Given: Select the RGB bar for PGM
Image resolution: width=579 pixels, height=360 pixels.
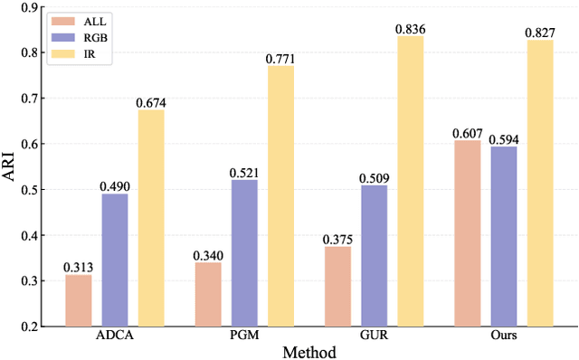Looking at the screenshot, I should [x=244, y=253].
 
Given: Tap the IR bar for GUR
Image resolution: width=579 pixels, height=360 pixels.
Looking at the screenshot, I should [x=410, y=181].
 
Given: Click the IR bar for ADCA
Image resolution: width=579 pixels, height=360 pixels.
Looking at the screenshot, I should [x=151, y=218].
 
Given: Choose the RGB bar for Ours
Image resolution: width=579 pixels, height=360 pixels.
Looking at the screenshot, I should [x=504, y=236].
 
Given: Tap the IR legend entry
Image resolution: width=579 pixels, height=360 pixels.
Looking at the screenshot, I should [x=77, y=54].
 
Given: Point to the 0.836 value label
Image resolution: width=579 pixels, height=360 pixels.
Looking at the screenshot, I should [x=410, y=29].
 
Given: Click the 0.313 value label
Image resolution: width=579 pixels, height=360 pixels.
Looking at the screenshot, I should [x=78, y=268].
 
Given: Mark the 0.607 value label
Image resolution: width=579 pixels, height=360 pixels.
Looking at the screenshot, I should [x=468, y=133].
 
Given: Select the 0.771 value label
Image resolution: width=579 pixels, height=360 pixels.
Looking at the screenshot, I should [x=280, y=59].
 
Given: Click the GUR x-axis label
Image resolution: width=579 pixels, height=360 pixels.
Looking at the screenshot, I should [x=374, y=336].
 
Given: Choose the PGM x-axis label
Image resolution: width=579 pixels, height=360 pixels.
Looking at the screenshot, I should [x=244, y=336].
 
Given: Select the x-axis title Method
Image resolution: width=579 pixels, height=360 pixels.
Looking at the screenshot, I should [x=308, y=352].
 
